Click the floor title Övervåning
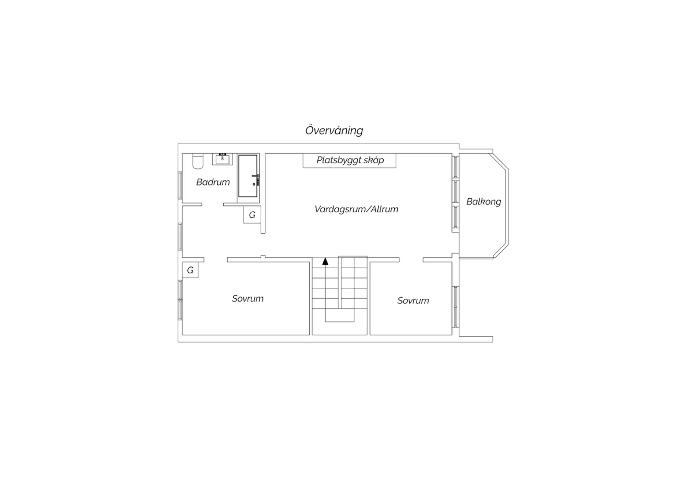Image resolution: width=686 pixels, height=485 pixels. [334, 130]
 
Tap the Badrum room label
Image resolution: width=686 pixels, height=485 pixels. [213, 182]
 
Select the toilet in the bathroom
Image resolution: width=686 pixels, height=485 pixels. [198, 161]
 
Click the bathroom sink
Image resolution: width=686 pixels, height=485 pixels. [222, 159]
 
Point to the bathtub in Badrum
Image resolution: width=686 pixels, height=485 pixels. [248, 176]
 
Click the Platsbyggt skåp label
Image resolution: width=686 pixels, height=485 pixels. [350, 160]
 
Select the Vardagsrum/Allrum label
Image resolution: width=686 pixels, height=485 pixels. [356, 209]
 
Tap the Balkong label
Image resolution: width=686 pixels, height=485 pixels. [483, 202]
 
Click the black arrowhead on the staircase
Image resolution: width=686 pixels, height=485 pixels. [325, 261]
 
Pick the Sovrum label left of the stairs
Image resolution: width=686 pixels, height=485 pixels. [247, 298]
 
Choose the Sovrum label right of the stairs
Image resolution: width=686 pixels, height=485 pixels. [413, 301]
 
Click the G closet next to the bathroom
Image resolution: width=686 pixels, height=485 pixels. [252, 215]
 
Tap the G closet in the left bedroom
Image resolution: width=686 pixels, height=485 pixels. [190, 270]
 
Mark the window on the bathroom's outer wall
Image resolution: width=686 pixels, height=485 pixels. [180, 185]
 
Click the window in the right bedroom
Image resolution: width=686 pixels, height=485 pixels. [456, 307]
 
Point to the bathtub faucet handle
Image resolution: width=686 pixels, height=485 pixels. [255, 176]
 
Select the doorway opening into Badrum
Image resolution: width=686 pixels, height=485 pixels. [213, 205]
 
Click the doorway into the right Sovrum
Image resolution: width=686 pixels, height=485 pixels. [411, 260]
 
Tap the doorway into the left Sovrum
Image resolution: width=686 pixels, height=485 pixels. [215, 260]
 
